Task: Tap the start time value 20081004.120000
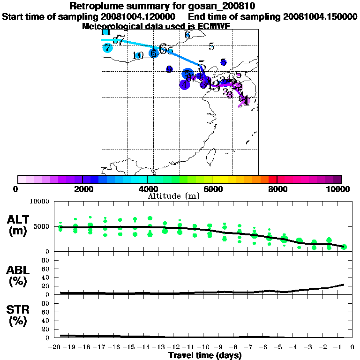pyautogui.click(x=132, y=16)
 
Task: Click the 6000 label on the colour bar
pyautogui.click(x=212, y=189)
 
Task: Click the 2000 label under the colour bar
pyautogui.click(x=82, y=189)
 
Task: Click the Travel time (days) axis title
pyautogui.click(x=205, y=356)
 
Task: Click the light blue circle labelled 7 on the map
pyautogui.click(x=108, y=48)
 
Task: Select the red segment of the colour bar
pyautogui.click(x=272, y=179)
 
